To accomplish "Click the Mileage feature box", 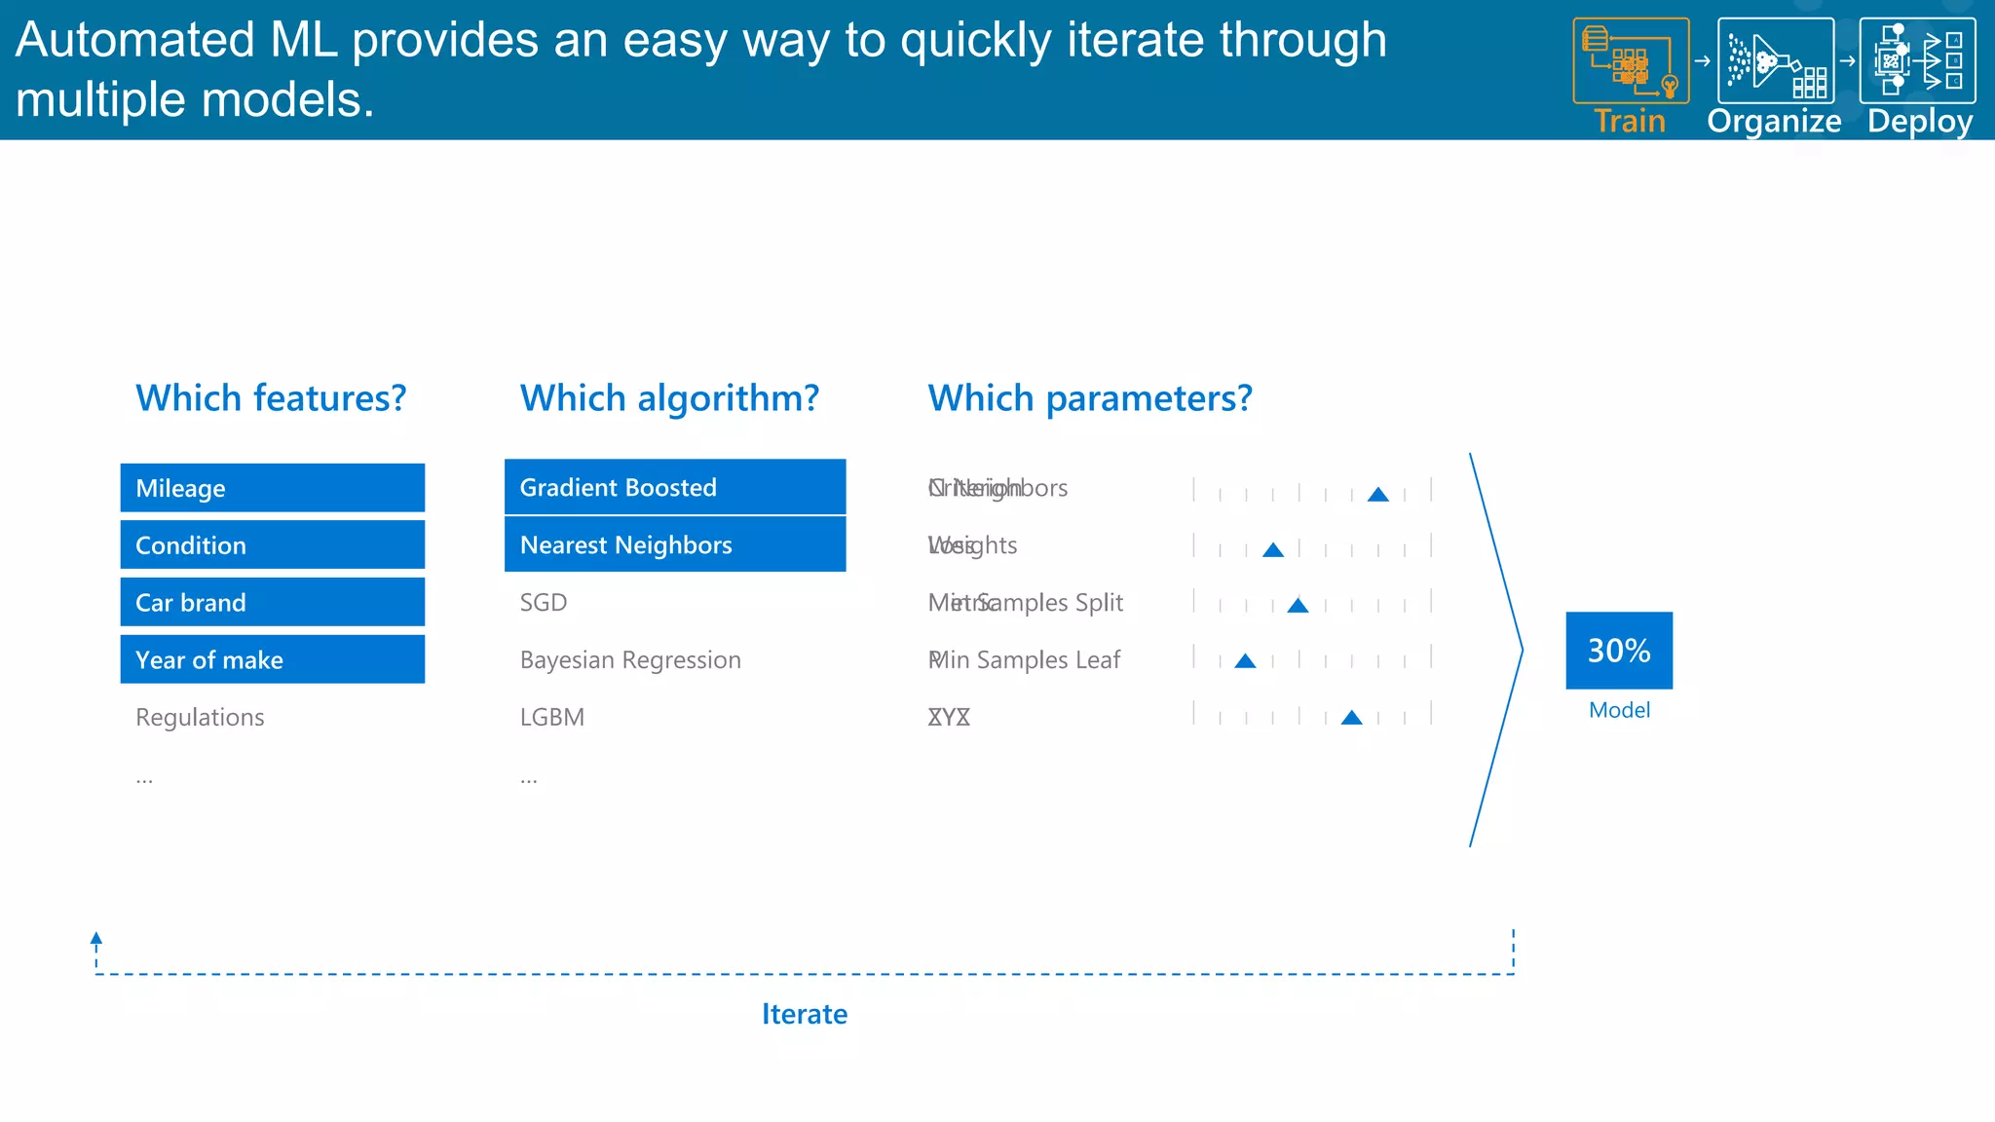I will coord(272,488).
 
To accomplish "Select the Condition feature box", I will coord(272,545).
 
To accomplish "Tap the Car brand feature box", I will coord(272,603).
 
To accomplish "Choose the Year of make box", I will coord(272,660).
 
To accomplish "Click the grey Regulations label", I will coord(200,718).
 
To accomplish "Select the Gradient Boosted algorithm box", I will coord(674,487).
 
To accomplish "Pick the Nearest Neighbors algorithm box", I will coord(674,544).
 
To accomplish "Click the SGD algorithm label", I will coord(543,603).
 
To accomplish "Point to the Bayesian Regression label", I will coord(630,660).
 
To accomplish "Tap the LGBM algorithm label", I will coord(551,718).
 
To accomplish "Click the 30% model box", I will coord(1619,651).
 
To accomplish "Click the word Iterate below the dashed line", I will coord(804,1015).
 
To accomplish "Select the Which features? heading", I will coord(271,398).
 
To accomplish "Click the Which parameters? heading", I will coord(1089,398).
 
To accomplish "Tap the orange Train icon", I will coord(1630,60).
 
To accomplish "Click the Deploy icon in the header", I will coord(1917,60).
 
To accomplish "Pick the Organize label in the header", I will coord(1774,122).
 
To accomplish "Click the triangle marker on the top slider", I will coord(1377,495).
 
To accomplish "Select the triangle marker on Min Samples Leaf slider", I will coord(1245,661).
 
